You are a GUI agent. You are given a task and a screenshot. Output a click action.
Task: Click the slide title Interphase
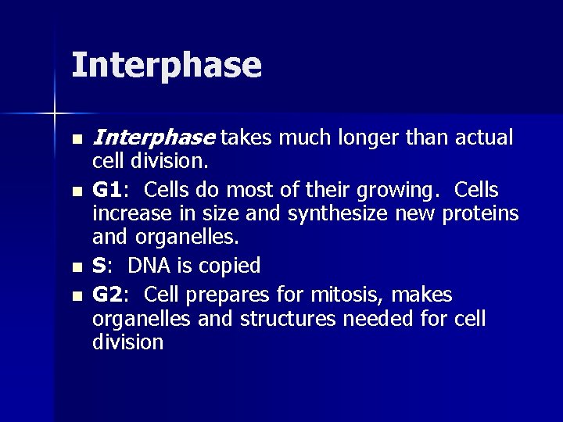tap(166, 66)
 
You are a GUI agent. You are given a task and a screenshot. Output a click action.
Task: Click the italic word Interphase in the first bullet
tap(153, 139)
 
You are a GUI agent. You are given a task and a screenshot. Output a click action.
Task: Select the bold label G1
tap(109, 191)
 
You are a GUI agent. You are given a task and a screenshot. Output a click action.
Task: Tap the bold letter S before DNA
tap(99, 266)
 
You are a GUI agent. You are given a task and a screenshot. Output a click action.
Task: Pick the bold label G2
tap(109, 295)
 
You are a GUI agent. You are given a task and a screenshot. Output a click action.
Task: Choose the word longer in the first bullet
tap(371, 139)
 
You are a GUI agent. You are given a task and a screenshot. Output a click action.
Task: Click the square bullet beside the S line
tap(76, 267)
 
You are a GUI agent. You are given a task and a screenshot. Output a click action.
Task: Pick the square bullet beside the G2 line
tap(76, 296)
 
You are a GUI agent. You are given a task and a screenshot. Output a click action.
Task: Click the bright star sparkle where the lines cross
tap(54, 114)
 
